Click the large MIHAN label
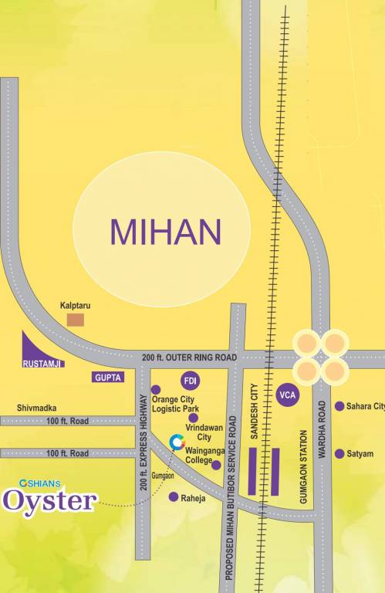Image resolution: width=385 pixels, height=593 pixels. (165, 231)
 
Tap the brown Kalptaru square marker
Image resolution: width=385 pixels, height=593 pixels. (76, 320)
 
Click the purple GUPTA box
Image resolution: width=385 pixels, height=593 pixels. (107, 377)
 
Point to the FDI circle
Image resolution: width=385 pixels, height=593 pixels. (190, 380)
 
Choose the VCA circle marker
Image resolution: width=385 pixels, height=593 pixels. (287, 395)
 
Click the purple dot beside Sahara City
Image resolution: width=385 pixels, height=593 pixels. (339, 406)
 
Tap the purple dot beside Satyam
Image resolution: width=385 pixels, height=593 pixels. (339, 453)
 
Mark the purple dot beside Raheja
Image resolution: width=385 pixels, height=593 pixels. (174, 497)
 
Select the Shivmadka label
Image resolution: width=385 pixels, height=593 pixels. (37, 408)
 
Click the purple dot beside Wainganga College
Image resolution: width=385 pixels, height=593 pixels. (216, 465)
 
